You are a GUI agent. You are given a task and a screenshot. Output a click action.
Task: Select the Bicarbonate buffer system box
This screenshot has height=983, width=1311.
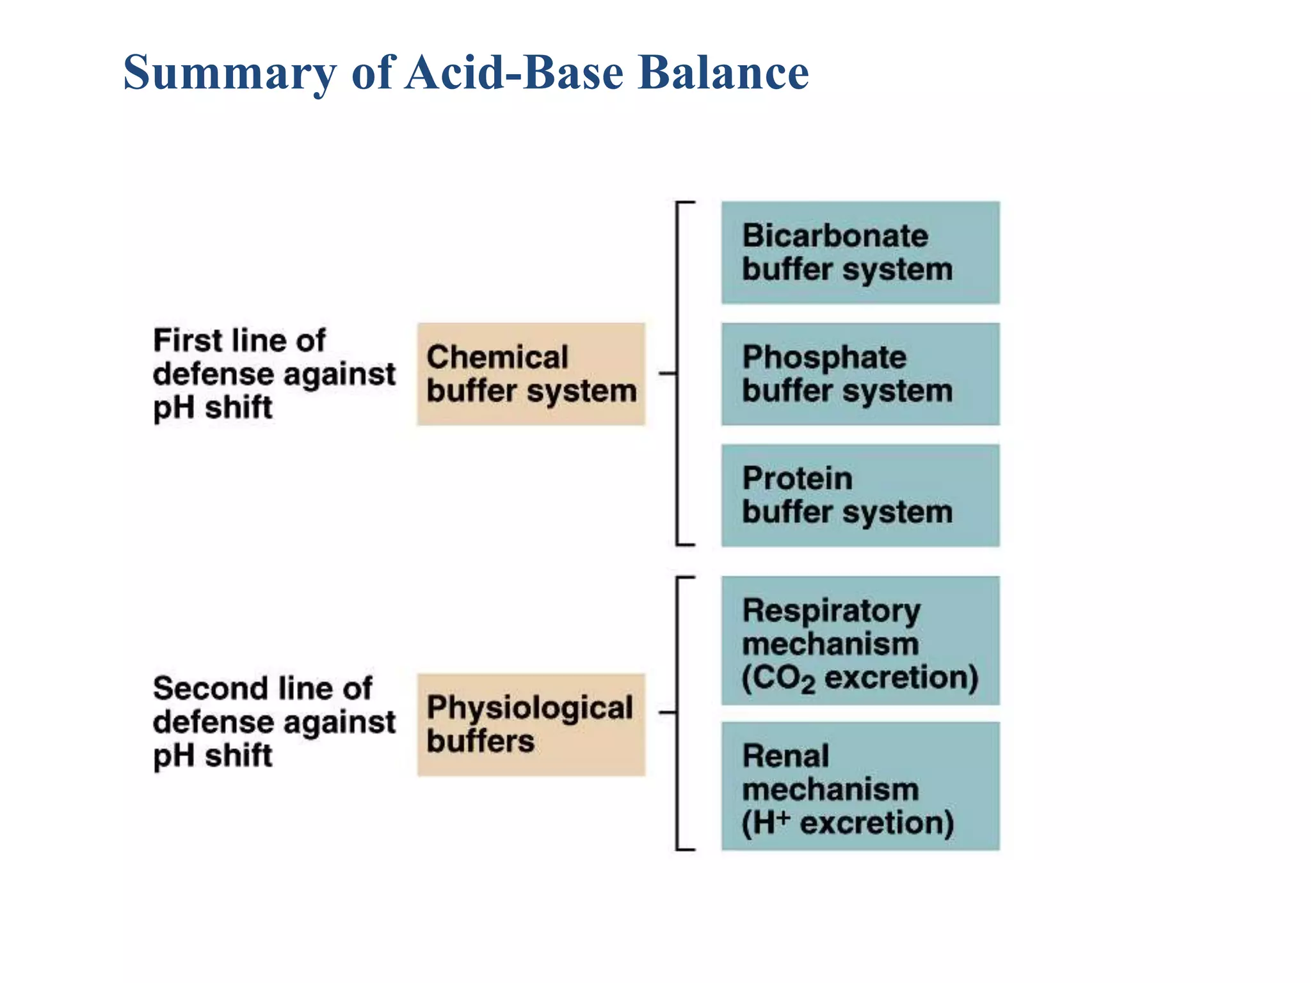860,252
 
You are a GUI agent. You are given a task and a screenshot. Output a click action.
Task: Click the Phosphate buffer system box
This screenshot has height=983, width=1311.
860,374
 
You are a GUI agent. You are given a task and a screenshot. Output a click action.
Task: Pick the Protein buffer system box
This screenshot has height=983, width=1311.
860,495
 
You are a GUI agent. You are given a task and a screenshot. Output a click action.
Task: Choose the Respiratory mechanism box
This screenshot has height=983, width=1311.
860,640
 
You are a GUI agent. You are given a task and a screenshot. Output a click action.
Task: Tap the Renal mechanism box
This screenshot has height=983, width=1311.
860,786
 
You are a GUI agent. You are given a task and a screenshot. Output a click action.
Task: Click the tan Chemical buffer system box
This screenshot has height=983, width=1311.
531,374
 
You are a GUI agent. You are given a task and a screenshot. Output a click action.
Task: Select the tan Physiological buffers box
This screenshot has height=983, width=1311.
531,724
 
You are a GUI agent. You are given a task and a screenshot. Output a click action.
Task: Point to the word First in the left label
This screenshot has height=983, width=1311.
182,340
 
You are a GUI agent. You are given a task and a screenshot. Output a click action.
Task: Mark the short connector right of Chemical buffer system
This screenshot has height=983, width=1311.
667,373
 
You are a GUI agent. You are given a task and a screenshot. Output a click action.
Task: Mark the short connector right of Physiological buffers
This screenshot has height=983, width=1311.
667,712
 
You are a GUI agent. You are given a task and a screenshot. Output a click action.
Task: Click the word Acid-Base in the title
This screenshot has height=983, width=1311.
515,72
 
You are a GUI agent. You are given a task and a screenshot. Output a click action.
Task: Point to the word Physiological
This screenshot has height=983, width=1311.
529,708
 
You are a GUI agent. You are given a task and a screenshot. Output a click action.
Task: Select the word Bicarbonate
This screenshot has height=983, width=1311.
835,236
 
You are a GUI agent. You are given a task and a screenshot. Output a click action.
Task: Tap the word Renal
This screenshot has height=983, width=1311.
785,756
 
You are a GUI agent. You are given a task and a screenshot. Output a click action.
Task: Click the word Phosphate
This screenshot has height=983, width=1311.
824,357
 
